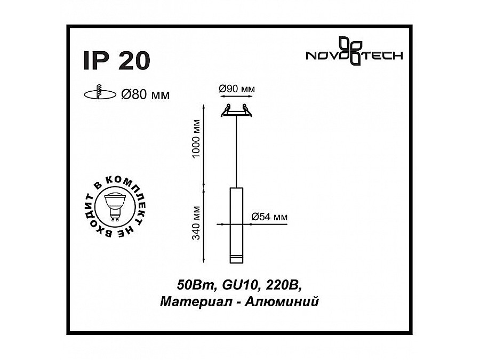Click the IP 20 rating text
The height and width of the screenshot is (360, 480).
[x=116, y=61]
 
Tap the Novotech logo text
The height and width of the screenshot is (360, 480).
[x=353, y=55]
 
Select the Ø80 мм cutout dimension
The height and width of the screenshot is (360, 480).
[x=145, y=95]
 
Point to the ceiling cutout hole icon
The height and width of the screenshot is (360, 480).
[x=100, y=94]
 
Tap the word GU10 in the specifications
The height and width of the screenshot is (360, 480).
[x=233, y=285]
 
